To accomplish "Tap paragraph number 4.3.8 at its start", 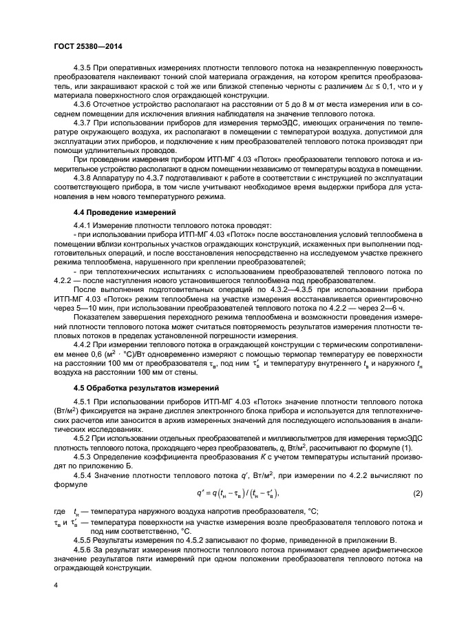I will (83, 178).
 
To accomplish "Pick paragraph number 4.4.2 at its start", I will (83, 342).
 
